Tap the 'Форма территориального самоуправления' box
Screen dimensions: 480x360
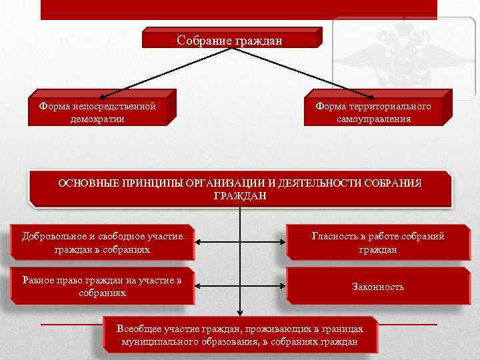tap(373, 112)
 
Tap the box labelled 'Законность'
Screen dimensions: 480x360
tap(378, 287)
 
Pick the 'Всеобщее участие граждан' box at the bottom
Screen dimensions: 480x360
tap(240, 335)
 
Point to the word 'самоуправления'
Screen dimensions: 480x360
tap(373, 119)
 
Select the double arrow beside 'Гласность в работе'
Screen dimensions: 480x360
tap(241, 243)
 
